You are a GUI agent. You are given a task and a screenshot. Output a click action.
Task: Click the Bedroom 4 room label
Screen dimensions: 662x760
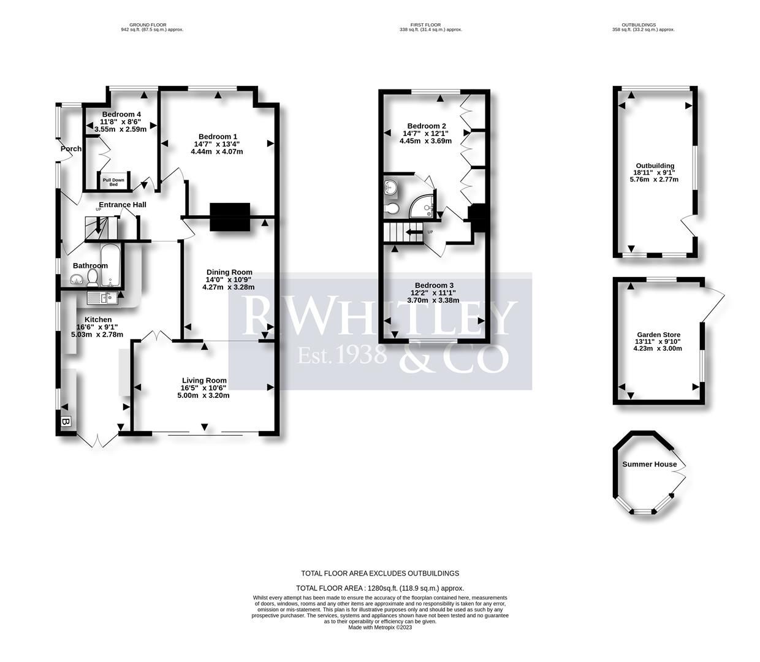[121, 115]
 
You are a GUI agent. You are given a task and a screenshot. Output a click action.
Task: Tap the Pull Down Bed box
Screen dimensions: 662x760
[113, 182]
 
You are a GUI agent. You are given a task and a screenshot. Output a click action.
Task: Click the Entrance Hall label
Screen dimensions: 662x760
[123, 205]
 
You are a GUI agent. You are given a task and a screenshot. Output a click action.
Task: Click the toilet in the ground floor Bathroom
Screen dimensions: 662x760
[93, 280]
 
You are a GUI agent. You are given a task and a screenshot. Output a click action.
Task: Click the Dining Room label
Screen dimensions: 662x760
[229, 272]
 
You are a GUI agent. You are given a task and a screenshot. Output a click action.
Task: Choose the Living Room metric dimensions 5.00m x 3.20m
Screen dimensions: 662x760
[204, 395]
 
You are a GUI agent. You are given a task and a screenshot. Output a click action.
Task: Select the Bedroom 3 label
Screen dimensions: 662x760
[434, 285]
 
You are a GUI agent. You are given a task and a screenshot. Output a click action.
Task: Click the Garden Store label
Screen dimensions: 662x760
[658, 335]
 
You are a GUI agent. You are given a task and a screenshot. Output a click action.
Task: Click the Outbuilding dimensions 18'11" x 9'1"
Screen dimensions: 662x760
[655, 173]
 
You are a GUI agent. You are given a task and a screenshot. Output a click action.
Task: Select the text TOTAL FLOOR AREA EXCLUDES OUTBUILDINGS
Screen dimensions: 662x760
[380, 574]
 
